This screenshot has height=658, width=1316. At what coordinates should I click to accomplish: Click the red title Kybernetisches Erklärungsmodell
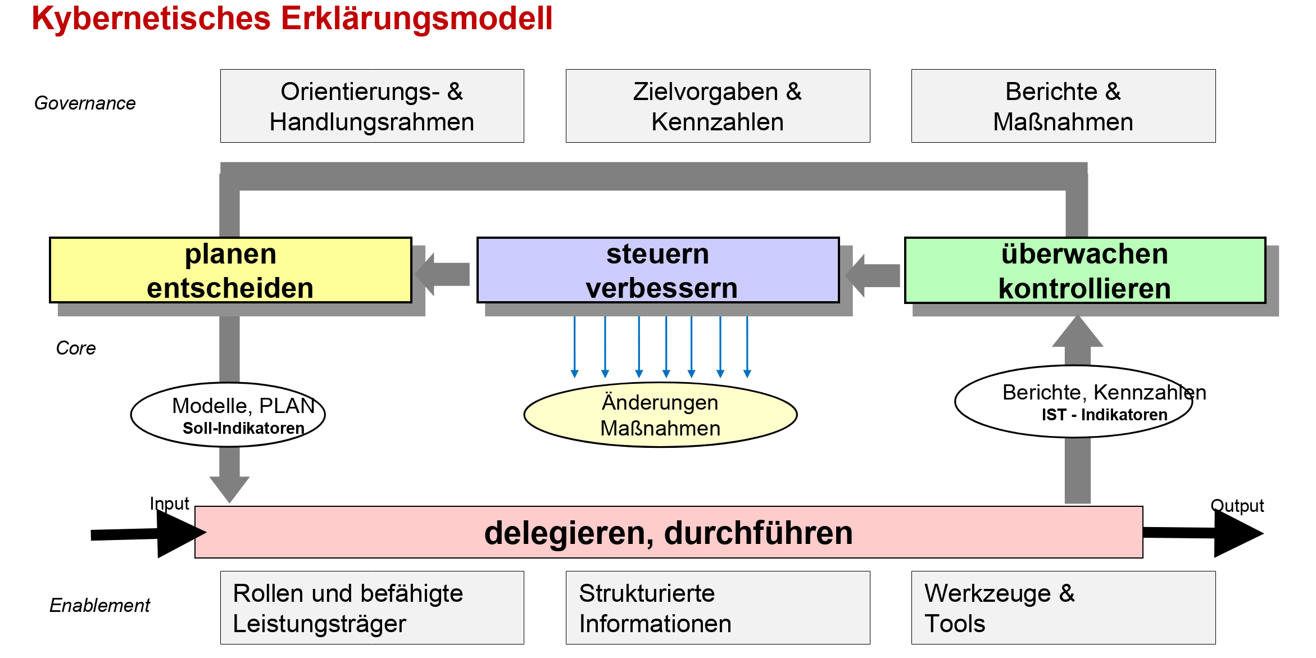tap(292, 18)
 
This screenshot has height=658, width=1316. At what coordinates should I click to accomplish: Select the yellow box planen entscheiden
tap(230, 270)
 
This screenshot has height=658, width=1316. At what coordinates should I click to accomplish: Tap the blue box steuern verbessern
tap(658, 270)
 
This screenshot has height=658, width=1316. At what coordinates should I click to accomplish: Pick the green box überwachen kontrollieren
tap(1085, 270)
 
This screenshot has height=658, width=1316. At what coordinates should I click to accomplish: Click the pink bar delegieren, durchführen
tap(669, 532)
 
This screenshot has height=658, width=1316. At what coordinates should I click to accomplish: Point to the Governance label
tap(85, 103)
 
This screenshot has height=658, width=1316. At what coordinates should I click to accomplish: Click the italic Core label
tap(76, 348)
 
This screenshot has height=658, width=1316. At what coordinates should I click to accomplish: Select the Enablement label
tap(100, 605)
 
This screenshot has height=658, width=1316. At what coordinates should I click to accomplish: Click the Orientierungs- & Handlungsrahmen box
tap(372, 106)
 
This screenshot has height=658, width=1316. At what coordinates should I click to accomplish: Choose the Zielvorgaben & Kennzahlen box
tap(718, 106)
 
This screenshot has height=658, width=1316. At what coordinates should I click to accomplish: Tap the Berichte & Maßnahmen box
tap(1063, 106)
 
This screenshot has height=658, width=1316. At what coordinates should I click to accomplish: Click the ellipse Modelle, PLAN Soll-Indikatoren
tap(228, 415)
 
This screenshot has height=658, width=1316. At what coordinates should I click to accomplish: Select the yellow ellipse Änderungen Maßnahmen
tap(660, 415)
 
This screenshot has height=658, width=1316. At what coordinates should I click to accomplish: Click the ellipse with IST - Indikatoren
tap(1073, 402)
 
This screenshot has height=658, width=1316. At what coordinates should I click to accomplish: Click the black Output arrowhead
tap(1236, 533)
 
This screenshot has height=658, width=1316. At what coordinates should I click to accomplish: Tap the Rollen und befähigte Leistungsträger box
tap(372, 608)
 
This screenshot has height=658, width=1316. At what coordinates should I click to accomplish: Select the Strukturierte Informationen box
tap(718, 608)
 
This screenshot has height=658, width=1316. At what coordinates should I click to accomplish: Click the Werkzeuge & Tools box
tap(1063, 608)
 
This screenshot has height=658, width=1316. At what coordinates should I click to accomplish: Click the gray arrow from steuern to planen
tap(444, 274)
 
